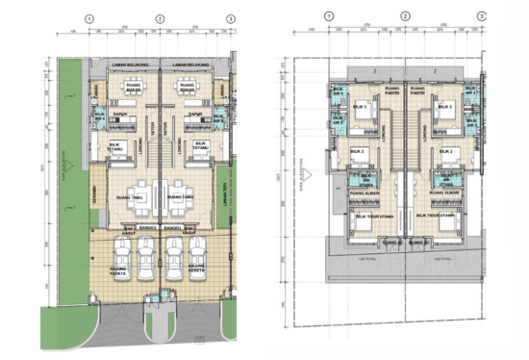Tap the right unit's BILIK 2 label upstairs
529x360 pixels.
(x=446, y=151)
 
